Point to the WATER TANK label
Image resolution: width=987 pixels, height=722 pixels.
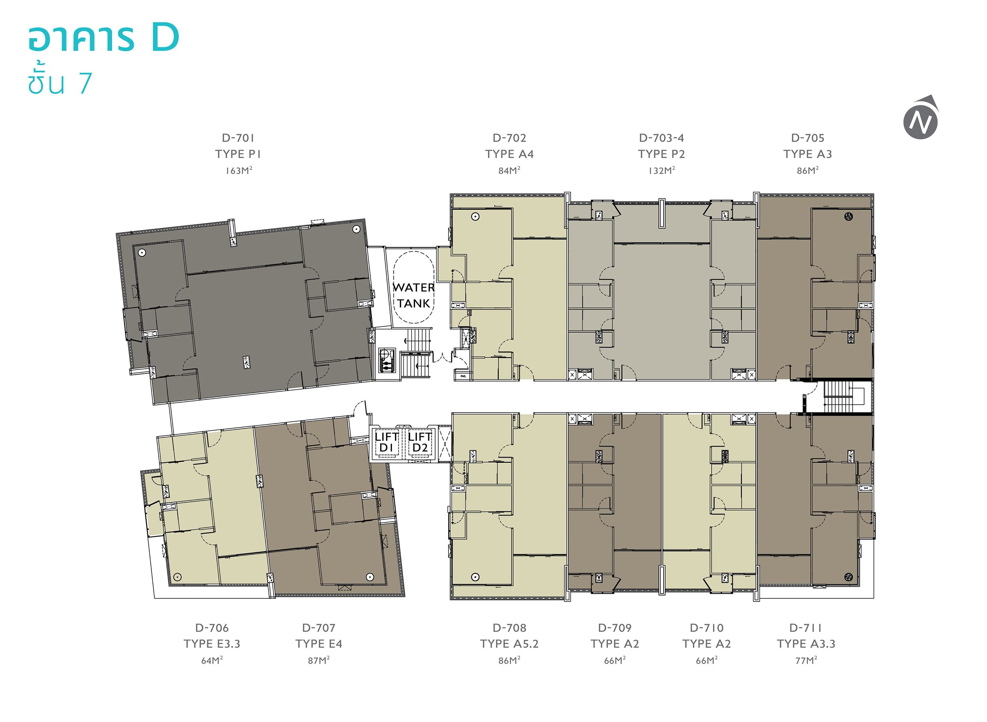pyautogui.click(x=413, y=295)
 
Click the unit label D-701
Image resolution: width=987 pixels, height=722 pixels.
pyautogui.click(x=238, y=138)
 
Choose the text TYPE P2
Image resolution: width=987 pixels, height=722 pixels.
pyautogui.click(x=661, y=154)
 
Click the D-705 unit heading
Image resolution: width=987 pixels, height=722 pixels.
pyautogui.click(x=807, y=138)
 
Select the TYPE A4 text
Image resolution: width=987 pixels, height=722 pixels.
pyautogui.click(x=509, y=154)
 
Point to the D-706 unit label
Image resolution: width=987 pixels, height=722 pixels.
pyautogui.click(x=212, y=628)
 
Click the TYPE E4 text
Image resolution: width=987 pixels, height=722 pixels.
pyautogui.click(x=319, y=644)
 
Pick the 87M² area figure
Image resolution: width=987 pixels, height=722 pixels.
pyautogui.click(x=319, y=660)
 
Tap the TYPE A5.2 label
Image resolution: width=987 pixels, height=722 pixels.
pyautogui.click(x=509, y=644)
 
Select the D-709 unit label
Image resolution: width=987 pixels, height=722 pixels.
pyautogui.click(x=615, y=628)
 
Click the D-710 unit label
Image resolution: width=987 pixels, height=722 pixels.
pyautogui.click(x=706, y=628)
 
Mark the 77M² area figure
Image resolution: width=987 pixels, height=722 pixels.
pyautogui.click(x=806, y=660)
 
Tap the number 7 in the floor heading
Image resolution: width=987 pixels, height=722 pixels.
pyautogui.click(x=85, y=83)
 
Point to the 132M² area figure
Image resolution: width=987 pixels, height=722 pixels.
pyautogui.click(x=661, y=171)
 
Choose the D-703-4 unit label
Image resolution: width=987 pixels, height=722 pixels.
pyautogui.click(x=661, y=138)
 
